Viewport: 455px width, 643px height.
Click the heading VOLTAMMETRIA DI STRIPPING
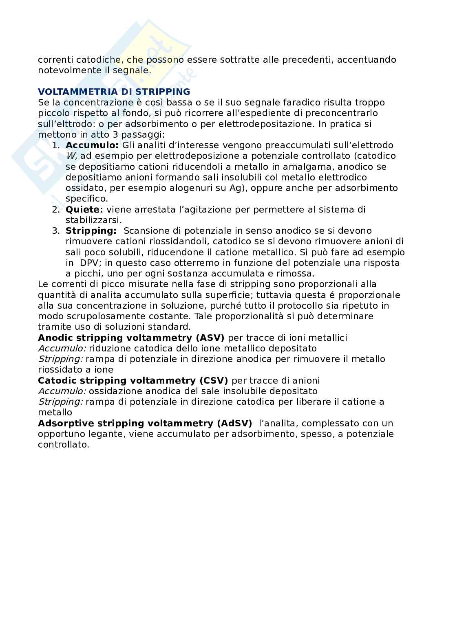point(114,92)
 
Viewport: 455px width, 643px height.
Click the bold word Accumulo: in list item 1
point(92,145)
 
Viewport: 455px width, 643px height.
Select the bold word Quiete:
point(84,210)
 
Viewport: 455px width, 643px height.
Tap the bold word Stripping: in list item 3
point(91,231)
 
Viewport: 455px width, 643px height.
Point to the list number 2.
point(55,210)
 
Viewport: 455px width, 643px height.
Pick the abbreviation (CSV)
point(213,381)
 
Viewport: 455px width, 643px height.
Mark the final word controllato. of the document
point(64,445)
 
